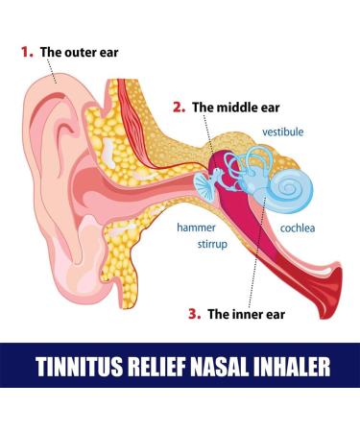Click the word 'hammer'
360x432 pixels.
click(195, 228)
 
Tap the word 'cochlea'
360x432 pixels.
click(298, 228)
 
